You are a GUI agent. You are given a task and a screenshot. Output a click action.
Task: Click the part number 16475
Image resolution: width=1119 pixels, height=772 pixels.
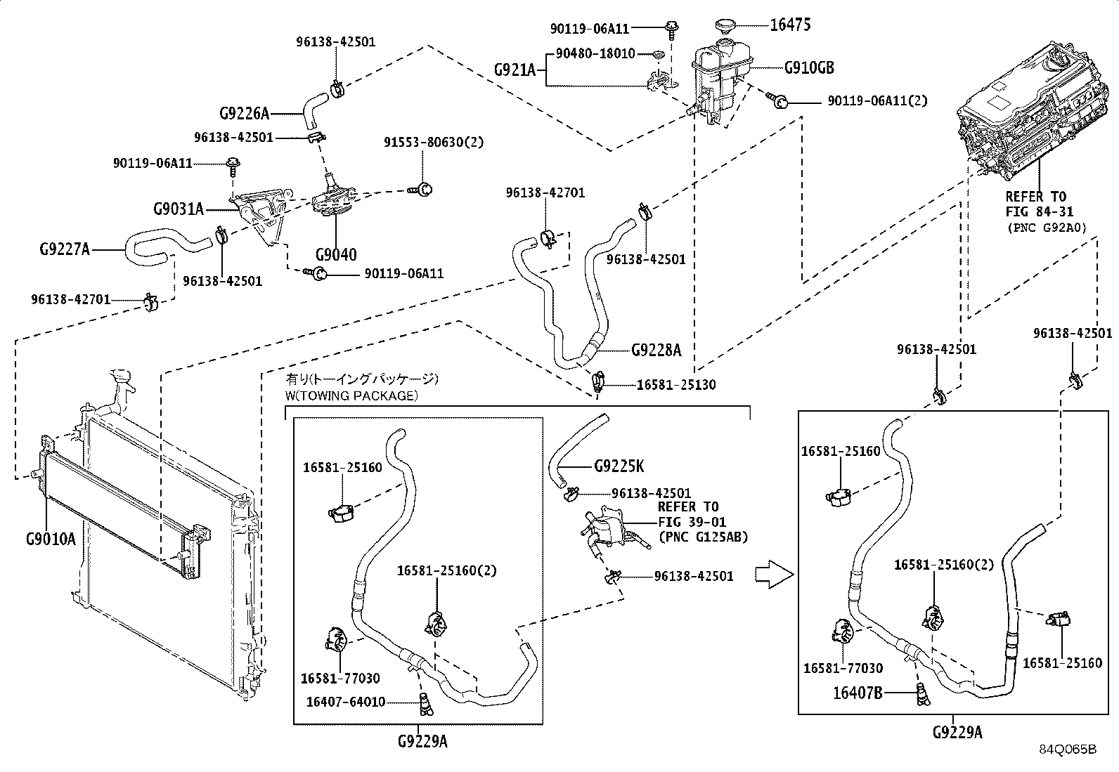point(790,25)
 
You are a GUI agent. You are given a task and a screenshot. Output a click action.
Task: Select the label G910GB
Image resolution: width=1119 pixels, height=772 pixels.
point(809,67)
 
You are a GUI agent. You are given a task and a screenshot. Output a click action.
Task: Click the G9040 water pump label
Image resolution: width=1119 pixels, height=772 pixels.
point(336,255)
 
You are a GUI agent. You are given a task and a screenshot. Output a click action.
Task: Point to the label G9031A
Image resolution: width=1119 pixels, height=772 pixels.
point(179,209)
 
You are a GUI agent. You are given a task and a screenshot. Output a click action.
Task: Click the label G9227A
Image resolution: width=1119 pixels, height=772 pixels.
point(65,249)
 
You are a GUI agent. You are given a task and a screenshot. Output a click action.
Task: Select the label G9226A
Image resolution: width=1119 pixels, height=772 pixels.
point(245,114)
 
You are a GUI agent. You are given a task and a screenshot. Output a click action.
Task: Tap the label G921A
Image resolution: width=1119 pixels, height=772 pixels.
point(515,70)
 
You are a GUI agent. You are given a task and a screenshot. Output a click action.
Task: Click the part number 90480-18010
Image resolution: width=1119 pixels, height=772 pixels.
point(595,53)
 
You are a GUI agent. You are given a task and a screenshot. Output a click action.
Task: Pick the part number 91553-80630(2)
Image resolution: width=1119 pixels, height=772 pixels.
point(434,143)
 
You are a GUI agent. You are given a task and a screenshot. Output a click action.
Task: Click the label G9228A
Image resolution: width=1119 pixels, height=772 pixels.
point(656,350)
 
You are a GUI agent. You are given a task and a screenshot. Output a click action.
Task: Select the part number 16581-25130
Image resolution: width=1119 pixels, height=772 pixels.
point(676,384)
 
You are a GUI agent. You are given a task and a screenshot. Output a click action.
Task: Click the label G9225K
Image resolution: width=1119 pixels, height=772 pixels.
point(619,466)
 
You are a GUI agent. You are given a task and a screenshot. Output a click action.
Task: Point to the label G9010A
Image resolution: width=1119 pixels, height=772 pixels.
point(51,539)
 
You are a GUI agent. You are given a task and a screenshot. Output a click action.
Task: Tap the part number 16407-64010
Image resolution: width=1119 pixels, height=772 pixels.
point(346,702)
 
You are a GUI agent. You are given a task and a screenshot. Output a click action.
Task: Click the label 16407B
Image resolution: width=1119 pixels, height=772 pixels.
point(858,693)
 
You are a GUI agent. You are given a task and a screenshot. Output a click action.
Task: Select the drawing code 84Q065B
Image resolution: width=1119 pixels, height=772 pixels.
point(1068,750)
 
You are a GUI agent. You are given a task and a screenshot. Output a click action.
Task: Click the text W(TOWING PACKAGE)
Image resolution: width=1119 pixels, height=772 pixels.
point(351,396)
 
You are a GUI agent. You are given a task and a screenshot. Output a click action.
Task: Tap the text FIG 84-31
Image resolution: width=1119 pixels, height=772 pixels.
point(1040,211)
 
